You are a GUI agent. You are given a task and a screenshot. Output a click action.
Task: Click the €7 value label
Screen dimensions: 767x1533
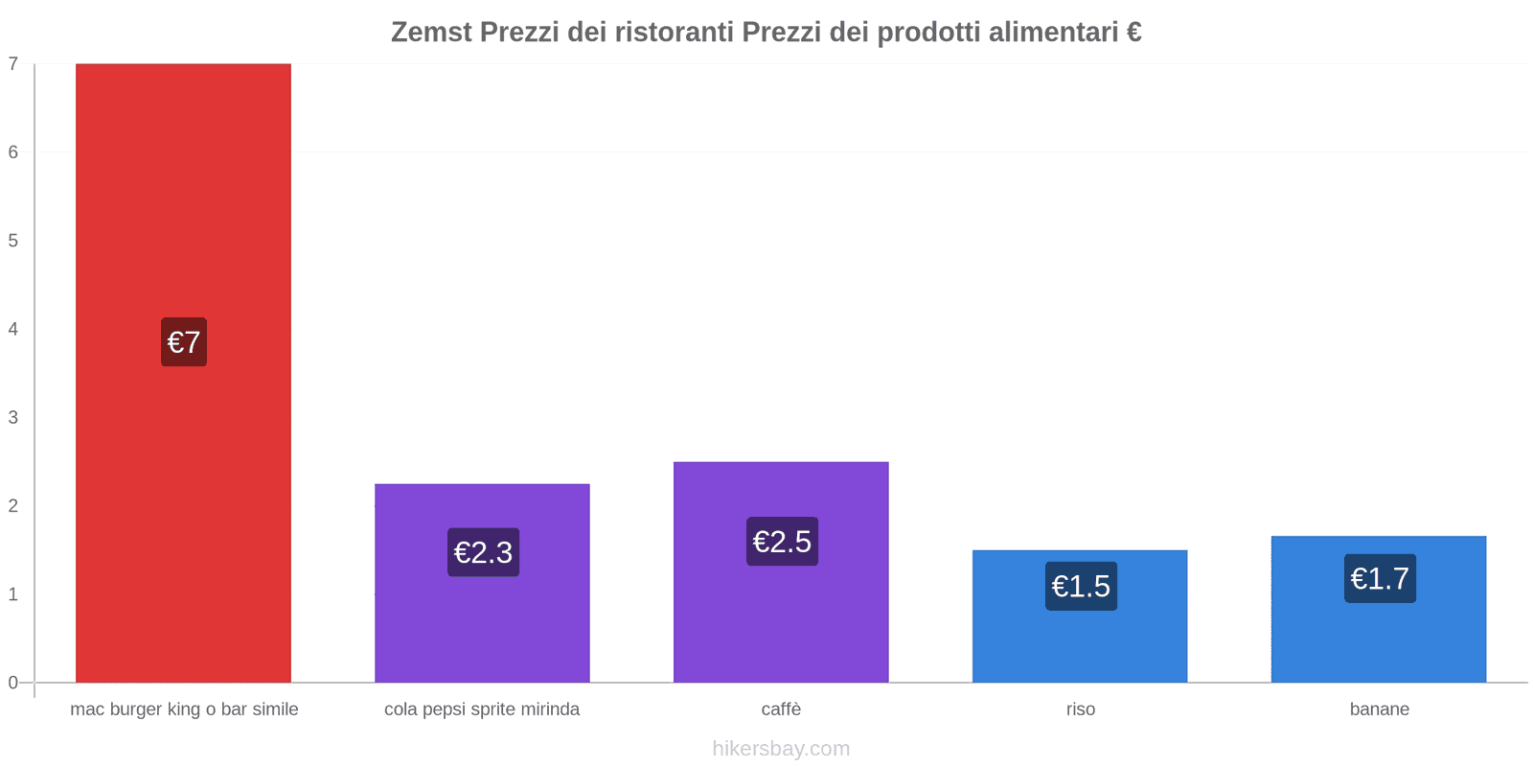184,342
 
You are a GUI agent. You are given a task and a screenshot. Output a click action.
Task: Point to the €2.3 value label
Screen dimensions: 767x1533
483,552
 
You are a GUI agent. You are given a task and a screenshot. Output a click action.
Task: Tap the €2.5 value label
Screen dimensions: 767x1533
782,542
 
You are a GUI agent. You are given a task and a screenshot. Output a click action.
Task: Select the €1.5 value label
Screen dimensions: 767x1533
1081,586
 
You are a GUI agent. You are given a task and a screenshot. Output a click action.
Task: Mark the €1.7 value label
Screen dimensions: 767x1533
1380,578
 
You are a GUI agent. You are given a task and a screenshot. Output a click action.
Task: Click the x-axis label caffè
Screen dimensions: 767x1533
781,709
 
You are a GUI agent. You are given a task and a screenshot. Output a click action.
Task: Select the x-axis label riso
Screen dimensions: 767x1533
1080,709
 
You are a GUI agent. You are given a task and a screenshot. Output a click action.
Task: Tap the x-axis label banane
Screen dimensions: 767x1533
1379,709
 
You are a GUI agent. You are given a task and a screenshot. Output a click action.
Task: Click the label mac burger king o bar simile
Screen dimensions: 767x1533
184,709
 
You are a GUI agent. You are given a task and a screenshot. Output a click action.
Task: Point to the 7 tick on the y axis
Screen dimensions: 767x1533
13,64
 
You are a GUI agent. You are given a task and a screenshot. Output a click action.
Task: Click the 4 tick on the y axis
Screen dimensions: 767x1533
13,329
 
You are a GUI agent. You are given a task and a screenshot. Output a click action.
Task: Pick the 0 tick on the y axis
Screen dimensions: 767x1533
13,683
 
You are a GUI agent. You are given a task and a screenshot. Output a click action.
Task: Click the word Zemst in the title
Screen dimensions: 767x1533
431,33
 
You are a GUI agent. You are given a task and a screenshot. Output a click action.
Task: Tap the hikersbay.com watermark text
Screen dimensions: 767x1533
781,749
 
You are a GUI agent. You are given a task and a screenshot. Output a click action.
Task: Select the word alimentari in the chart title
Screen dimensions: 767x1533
1053,33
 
